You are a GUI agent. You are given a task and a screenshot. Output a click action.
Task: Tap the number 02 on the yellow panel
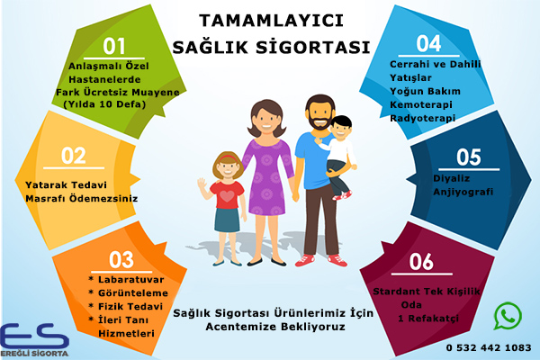point(74,154)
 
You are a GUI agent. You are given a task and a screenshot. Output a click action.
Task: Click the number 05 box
point(469,156)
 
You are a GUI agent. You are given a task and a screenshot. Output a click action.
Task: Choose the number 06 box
point(421,262)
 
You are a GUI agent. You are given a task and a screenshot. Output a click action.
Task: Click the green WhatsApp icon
point(508,315)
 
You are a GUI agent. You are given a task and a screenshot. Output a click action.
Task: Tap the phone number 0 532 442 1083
point(488,346)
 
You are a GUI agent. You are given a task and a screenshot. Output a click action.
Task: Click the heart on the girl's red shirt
point(227,193)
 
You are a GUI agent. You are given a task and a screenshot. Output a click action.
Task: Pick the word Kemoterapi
point(422,106)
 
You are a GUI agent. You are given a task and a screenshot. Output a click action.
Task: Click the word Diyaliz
point(452,177)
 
